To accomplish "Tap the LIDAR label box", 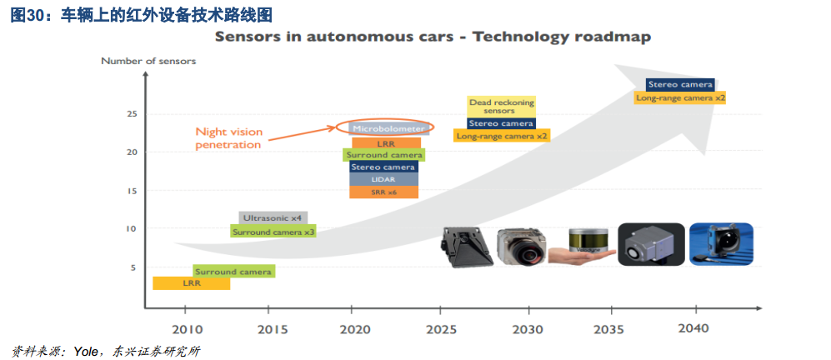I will pyautogui.click(x=383, y=179).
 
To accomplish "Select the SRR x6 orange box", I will pyautogui.click(x=383, y=192).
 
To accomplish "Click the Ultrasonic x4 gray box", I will pyautogui.click(x=273, y=217).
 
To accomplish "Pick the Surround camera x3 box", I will pyautogui.click(x=273, y=231).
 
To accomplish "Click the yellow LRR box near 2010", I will pyautogui.click(x=192, y=283).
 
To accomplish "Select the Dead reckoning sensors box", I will pyautogui.click(x=500, y=107).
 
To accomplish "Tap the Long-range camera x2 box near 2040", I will pyautogui.click(x=680, y=97).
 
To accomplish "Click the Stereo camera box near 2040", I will pyautogui.click(x=680, y=84).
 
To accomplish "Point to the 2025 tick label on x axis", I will pyautogui.click(x=440, y=328).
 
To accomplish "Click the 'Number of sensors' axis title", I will pyautogui.click(x=148, y=61).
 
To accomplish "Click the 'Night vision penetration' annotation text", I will pyautogui.click(x=228, y=137).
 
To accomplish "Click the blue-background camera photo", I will pyautogui.click(x=721, y=244).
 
